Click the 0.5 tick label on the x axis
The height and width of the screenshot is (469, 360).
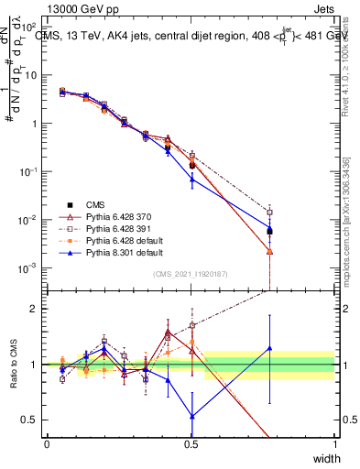(191, 444)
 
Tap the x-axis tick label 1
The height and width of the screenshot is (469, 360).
(335, 444)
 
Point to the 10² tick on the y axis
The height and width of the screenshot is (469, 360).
(28, 27)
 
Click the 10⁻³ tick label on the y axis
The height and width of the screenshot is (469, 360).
(28, 267)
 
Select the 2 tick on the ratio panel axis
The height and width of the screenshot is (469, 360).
(35, 309)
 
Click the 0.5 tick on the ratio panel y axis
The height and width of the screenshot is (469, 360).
(31, 420)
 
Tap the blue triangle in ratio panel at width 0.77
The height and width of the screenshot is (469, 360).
(269, 347)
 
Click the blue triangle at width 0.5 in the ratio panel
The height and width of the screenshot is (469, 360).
(191, 416)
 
